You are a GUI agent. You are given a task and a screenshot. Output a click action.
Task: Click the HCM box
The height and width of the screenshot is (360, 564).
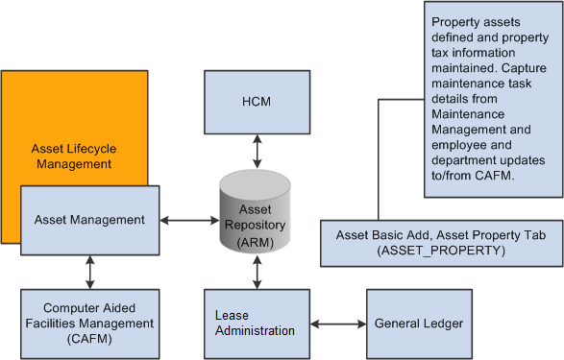pyautogui.click(x=255, y=103)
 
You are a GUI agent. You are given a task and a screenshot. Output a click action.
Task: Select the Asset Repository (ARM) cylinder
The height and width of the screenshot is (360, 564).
pyautogui.click(x=255, y=214)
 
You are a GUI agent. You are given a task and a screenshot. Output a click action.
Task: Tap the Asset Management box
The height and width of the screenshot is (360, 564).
pyautogui.click(x=89, y=220)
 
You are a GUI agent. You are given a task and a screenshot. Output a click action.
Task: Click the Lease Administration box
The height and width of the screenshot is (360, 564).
pyautogui.click(x=255, y=323)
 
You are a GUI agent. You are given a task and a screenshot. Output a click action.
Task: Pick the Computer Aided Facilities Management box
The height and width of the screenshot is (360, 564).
pyautogui.click(x=88, y=323)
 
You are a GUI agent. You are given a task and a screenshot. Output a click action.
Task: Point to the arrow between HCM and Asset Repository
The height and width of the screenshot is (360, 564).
pyautogui.click(x=255, y=151)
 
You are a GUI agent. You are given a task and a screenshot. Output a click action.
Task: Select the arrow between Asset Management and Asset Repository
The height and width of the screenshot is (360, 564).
pyautogui.click(x=188, y=220)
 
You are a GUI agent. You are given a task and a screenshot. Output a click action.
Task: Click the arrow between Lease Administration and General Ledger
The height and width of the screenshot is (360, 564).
pyautogui.click(x=336, y=323)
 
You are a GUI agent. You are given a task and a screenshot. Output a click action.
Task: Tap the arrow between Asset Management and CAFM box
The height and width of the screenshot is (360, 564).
pyautogui.click(x=89, y=272)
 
